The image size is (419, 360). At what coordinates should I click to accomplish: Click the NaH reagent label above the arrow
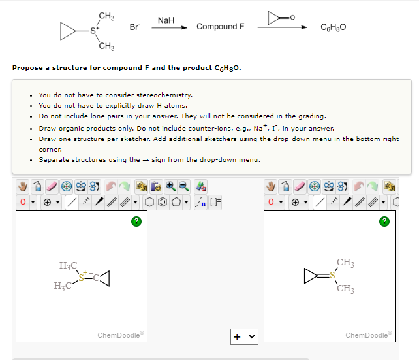(x=166, y=21)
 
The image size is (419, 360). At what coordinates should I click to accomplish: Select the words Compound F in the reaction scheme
(x=220, y=27)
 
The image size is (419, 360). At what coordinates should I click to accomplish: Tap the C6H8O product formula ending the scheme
(x=334, y=27)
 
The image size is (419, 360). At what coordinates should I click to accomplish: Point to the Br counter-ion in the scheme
(x=134, y=27)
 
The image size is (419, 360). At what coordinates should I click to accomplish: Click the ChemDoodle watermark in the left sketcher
(x=121, y=335)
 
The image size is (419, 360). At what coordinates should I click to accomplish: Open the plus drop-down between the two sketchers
(x=243, y=337)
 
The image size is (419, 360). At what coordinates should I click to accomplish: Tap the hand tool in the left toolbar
(x=22, y=185)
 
